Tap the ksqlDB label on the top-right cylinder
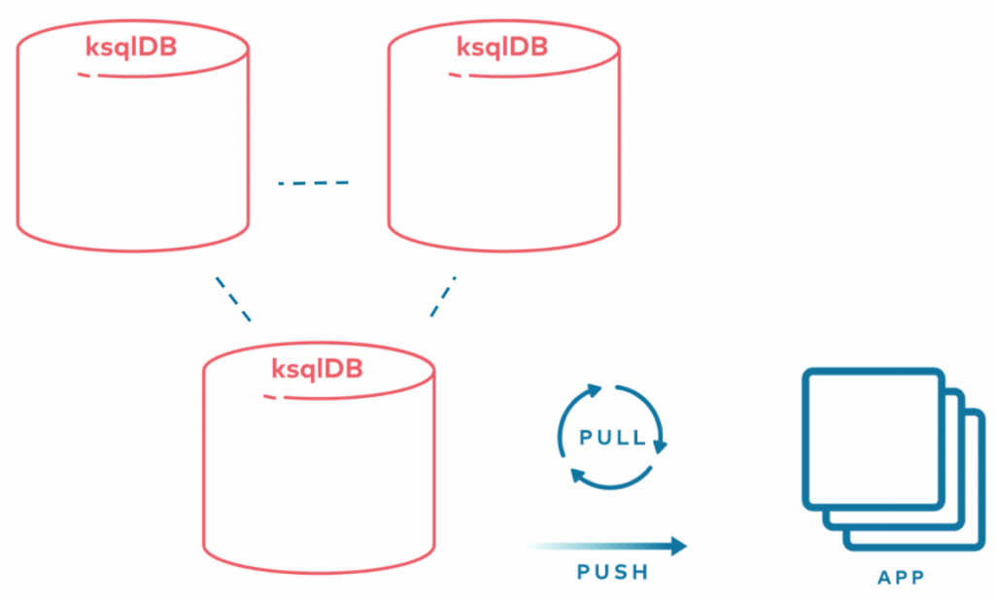pyautogui.click(x=502, y=47)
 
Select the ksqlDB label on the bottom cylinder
pyautogui.click(x=318, y=369)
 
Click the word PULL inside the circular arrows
pyautogui.click(x=612, y=438)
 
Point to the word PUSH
pyautogui.click(x=612, y=572)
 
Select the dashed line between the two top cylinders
pyautogui.click(x=313, y=183)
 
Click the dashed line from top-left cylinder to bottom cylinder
pyautogui.click(x=233, y=299)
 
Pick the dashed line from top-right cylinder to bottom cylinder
pyautogui.click(x=442, y=297)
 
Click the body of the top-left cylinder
pyautogui.click(x=132, y=155)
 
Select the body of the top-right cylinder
pyautogui.click(x=502, y=155)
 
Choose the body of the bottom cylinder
pyautogui.click(x=318, y=476)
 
